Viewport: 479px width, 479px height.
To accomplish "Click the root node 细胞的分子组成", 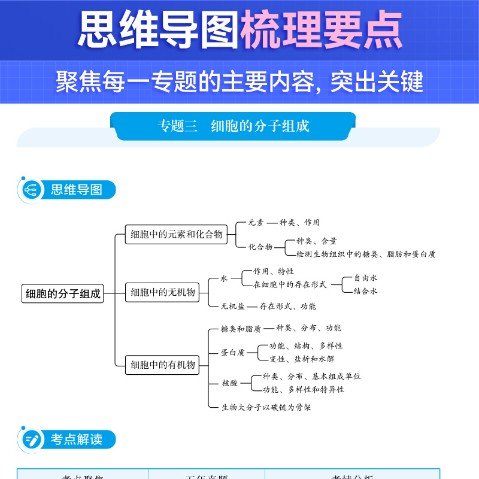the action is click(62, 294).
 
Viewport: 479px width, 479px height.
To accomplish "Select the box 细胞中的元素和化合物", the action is click(177, 234).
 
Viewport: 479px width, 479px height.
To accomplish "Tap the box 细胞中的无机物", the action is click(163, 292).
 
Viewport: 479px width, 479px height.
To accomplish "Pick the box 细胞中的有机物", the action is click(163, 364).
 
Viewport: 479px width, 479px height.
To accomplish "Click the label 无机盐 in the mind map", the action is click(233, 306).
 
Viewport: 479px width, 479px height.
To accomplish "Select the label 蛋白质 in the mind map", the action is click(233, 353).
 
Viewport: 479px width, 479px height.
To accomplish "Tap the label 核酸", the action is click(229, 383).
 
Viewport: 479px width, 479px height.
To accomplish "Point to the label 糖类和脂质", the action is click(241, 329).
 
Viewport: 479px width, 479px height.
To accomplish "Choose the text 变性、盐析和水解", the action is click(302, 359).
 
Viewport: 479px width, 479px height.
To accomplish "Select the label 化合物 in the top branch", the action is click(260, 247).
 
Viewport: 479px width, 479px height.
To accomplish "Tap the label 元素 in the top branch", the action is click(256, 223).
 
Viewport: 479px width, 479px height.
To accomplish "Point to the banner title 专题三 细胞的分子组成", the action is click(234, 126).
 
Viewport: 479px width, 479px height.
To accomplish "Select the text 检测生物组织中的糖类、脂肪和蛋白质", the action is click(366, 254).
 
